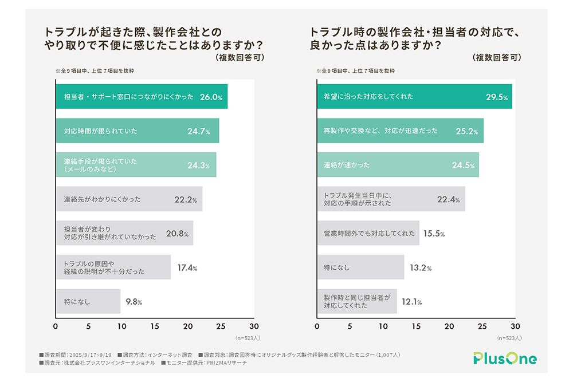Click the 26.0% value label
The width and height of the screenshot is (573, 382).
(x=210, y=97)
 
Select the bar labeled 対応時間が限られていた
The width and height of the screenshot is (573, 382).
(x=138, y=131)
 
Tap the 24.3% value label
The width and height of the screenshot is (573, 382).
(x=198, y=166)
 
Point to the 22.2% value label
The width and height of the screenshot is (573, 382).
(x=186, y=200)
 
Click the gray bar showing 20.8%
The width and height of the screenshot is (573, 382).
(x=124, y=233)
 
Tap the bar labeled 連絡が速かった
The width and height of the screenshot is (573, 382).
(x=398, y=165)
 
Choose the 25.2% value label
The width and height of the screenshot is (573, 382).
(x=467, y=131)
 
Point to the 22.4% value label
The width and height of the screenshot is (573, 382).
(x=449, y=199)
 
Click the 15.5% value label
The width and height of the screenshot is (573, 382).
(x=434, y=234)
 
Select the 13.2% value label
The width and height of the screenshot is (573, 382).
(x=421, y=267)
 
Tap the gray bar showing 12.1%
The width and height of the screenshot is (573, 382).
(x=357, y=301)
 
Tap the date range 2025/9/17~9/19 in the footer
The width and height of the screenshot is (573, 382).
(x=92, y=355)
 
